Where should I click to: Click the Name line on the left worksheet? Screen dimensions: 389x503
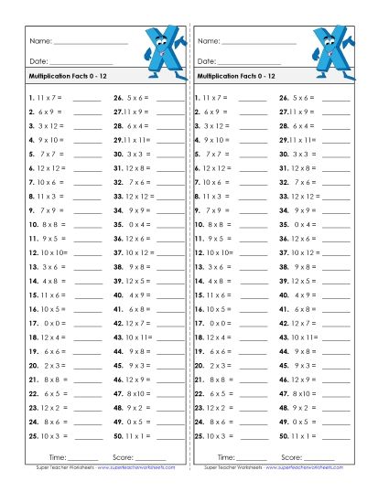(x=91, y=43)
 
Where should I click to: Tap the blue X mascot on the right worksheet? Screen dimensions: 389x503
(x=332, y=47)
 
